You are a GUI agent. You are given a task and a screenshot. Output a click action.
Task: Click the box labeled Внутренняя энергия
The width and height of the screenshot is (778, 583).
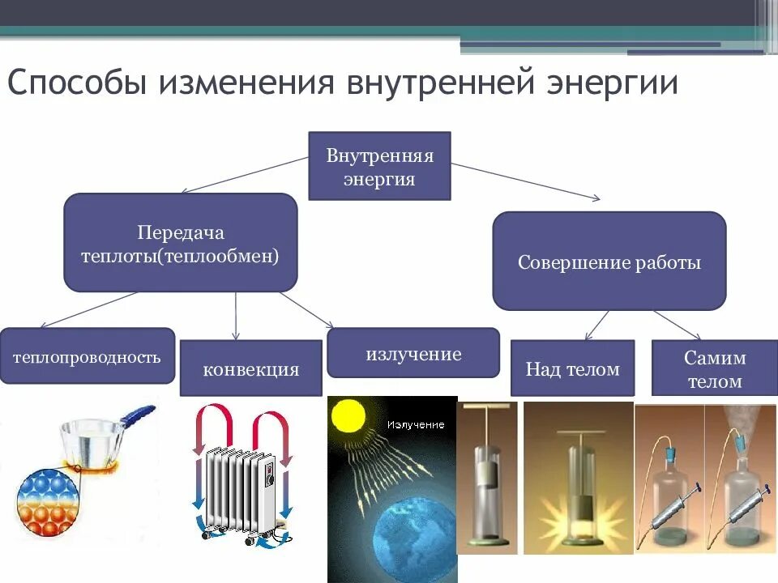coord(379,166)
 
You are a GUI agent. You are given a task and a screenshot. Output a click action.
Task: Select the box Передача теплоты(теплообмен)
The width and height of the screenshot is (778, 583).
coord(180,243)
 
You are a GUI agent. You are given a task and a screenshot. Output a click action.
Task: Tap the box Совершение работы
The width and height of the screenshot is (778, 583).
coord(609,262)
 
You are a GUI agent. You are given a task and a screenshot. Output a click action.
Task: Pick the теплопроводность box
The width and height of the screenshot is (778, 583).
coord(87,356)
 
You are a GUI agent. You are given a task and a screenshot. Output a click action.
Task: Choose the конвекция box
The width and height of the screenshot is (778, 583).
coord(250,369)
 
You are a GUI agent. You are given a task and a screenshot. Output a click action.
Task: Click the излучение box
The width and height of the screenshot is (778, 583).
coord(413,353)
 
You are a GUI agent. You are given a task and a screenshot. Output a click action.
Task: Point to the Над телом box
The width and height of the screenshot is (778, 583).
coord(573,369)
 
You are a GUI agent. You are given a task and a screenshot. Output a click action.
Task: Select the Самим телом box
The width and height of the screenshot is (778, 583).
coord(714,369)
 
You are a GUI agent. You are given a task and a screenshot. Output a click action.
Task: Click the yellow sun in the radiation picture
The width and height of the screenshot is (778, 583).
coord(348,416)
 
